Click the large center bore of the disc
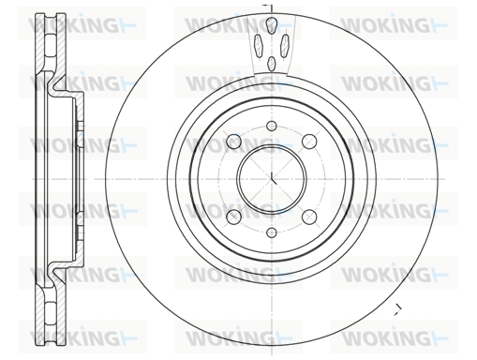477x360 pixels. (x=272, y=179)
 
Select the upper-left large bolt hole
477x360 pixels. (x=233, y=142)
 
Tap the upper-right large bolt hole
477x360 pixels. (x=309, y=142)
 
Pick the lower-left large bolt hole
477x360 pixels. (x=233, y=217)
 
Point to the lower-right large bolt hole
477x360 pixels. (x=309, y=217)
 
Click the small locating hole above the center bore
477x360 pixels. (x=272, y=126)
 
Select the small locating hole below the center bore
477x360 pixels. (x=272, y=232)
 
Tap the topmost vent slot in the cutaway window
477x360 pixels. (x=272, y=24)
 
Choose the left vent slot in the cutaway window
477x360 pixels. (x=259, y=45)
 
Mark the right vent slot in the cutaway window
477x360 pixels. (x=285, y=45)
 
